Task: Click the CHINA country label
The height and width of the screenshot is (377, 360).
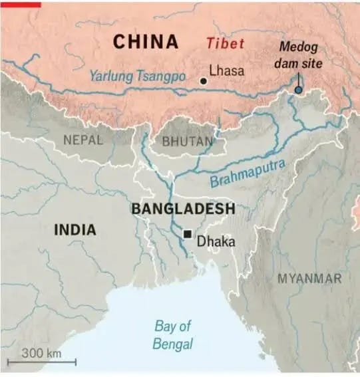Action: [146, 42]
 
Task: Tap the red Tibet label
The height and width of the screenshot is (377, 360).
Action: [225, 44]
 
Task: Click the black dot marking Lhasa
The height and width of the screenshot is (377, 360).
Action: [203, 80]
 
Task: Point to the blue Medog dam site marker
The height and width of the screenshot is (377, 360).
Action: [298, 89]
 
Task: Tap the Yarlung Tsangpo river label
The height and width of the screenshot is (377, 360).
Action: [138, 77]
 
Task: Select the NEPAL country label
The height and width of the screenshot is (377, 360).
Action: [83, 140]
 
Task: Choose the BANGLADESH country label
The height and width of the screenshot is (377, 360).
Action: [183, 209]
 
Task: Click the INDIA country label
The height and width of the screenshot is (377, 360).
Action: [75, 230]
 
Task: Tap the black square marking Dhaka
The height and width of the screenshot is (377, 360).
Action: [188, 234]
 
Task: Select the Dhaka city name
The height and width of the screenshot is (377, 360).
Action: [216, 241]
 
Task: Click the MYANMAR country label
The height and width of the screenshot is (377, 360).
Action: [309, 278]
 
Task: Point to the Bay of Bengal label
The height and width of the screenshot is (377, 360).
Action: [173, 335]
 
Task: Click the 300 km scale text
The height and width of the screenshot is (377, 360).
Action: [41, 352]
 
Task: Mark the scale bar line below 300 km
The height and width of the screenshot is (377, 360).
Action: [41, 362]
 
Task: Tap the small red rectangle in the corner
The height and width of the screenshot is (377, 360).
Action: [21, 3]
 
